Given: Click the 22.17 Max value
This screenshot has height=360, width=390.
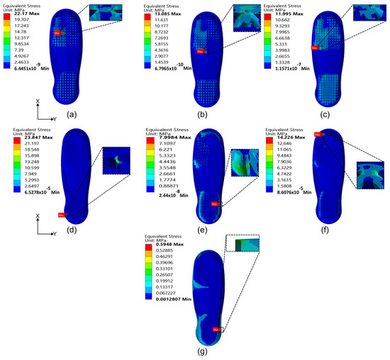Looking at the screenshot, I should coord(26,13).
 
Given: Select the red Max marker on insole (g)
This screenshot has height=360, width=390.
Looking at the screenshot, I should coord(215,330).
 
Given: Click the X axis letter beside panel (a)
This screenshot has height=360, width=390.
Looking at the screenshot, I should coord(38,101).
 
